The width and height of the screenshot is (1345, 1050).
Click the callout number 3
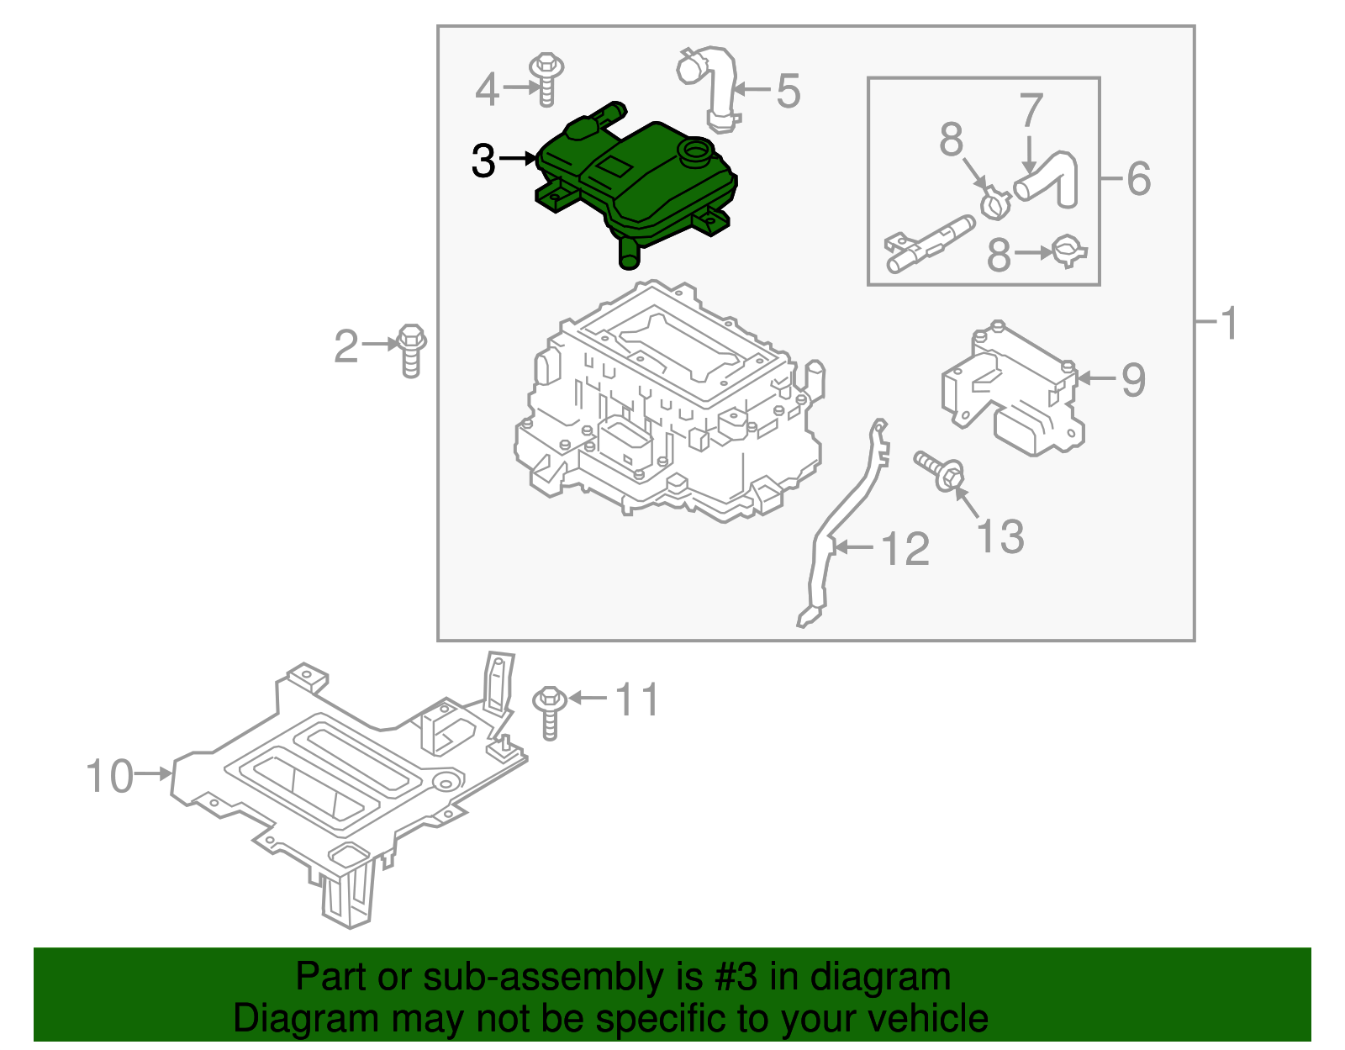(x=483, y=161)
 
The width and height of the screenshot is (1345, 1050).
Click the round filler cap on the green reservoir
(x=696, y=153)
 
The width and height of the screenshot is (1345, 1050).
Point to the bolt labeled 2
(x=411, y=349)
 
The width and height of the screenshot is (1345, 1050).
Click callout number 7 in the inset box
(x=1031, y=111)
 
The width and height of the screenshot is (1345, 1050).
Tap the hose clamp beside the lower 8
(x=1069, y=251)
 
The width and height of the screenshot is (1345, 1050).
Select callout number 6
(x=1138, y=178)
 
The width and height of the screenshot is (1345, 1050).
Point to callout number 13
(x=1000, y=536)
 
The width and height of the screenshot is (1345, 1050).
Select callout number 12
(x=905, y=549)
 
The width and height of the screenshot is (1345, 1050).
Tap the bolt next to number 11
(x=549, y=710)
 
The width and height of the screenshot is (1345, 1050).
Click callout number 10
(x=109, y=776)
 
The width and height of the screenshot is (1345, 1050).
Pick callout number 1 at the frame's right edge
(x=1228, y=323)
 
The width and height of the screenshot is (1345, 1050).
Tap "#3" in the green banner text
(x=736, y=977)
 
